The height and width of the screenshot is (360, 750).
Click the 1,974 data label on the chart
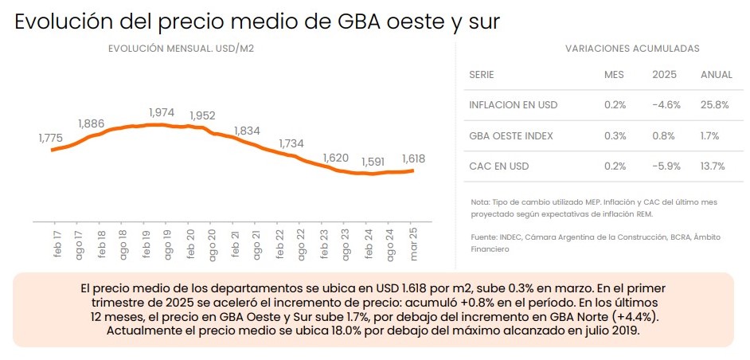(x=162, y=113)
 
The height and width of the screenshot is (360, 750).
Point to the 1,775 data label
(x=50, y=138)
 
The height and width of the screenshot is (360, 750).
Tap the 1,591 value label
(x=373, y=162)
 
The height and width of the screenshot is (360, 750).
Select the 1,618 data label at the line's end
(x=413, y=158)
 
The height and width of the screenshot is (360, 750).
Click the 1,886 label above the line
(x=92, y=123)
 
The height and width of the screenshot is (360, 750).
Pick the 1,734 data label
(x=291, y=143)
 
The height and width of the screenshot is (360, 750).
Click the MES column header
(x=614, y=75)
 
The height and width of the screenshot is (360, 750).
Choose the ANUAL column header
(x=716, y=75)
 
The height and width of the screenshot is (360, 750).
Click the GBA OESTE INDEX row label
(x=511, y=135)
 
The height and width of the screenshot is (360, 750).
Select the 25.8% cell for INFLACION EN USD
(x=716, y=104)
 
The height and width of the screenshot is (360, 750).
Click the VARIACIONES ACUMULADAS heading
(x=632, y=49)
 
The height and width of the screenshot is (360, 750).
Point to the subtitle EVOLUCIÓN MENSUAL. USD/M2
(x=181, y=49)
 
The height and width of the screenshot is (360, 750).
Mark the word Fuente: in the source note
(x=485, y=237)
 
